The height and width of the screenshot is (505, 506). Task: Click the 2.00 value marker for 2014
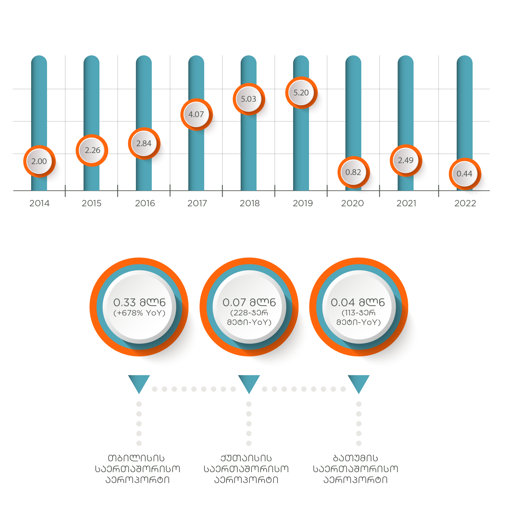click(x=39, y=161)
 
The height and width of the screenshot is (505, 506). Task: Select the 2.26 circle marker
click(x=92, y=150)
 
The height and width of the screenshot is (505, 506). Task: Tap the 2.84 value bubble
click(x=144, y=144)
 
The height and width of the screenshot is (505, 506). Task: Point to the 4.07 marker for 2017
click(x=196, y=115)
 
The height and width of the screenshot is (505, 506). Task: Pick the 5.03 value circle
click(x=249, y=99)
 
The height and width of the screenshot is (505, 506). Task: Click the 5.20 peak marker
click(x=301, y=93)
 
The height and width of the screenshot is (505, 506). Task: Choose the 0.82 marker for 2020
click(x=354, y=172)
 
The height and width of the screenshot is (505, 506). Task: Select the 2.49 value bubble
click(x=406, y=160)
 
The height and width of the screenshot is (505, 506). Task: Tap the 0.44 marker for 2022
click(x=465, y=174)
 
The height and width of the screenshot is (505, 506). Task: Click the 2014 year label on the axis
click(x=39, y=203)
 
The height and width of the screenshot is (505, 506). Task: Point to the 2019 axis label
click(x=303, y=203)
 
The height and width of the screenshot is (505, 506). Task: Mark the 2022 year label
click(x=465, y=203)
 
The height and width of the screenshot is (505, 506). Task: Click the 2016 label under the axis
click(x=145, y=203)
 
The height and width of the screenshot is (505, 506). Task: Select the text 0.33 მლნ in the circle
click(x=139, y=302)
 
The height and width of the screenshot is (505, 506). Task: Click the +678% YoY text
click(x=139, y=313)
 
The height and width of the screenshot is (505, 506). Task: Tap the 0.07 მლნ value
click(x=249, y=302)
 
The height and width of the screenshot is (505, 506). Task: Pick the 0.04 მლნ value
click(x=358, y=302)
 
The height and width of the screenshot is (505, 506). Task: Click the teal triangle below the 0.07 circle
click(x=249, y=382)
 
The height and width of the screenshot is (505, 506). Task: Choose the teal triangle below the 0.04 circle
click(x=359, y=382)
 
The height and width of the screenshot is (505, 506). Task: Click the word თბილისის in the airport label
click(x=136, y=458)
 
